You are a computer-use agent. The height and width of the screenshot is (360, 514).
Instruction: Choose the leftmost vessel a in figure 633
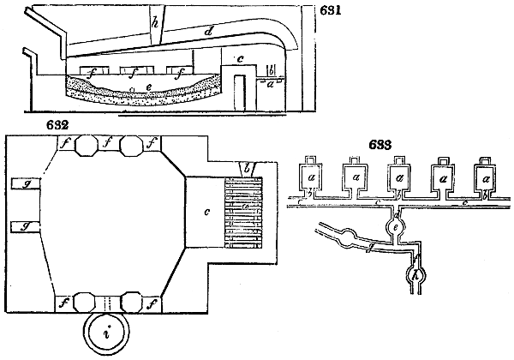(x=307, y=177)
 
